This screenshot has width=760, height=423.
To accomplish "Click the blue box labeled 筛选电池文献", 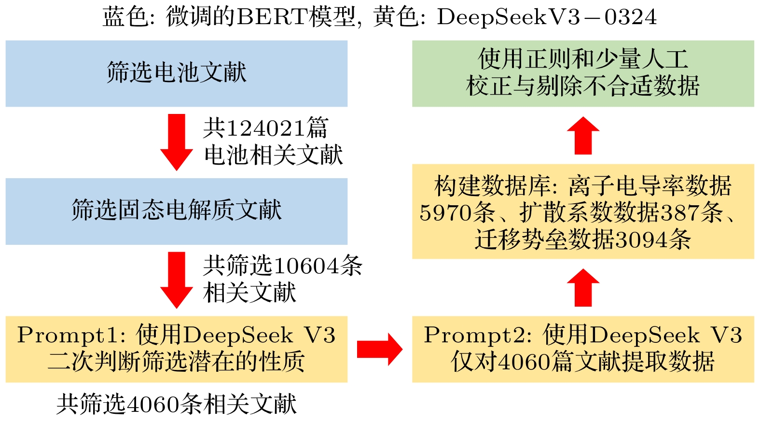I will (176, 73).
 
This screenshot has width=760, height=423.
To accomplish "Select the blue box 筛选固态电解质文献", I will (176, 211).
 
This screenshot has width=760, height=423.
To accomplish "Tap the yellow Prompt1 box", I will (176, 349).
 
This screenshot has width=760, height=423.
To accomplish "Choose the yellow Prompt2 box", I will (582, 349).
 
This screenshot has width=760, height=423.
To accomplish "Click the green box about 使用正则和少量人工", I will (582, 73).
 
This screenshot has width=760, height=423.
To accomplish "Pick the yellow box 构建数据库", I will (582, 211).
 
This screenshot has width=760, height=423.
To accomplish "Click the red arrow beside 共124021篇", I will (177, 142).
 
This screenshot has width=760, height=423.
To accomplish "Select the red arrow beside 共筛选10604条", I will (177, 280).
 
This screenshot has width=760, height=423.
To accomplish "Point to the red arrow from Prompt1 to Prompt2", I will (379, 349).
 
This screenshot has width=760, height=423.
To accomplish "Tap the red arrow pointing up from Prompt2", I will (583, 288).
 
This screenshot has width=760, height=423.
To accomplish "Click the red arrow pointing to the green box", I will (583, 136).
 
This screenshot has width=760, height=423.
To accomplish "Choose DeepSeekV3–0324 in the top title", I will (547, 17).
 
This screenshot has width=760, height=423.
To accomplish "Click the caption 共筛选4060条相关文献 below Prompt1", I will (176, 404).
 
